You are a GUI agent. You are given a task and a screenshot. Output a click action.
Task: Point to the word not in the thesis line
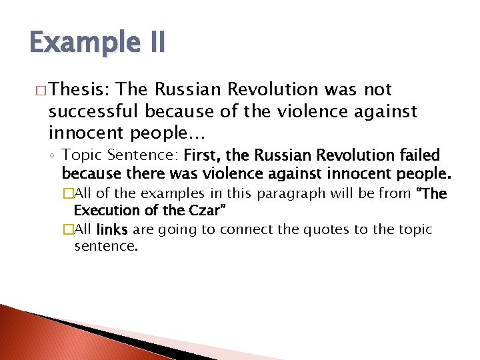click(x=378, y=89)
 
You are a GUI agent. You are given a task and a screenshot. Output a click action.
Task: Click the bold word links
click(x=113, y=230)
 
